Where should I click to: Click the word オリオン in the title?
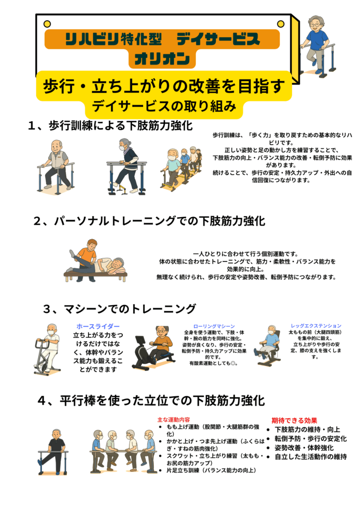[162, 59]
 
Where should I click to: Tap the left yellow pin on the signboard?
[47, 24]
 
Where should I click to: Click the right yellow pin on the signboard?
[280, 24]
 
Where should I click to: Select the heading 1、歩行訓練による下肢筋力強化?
[110, 126]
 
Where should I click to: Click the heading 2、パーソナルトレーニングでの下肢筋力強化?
[149, 221]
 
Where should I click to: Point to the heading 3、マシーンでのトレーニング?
[119, 309]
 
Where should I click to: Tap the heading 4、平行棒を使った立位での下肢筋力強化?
[151, 401]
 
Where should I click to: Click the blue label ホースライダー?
[98, 326]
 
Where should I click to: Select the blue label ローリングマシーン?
[214, 326]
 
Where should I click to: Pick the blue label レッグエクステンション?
[316, 326]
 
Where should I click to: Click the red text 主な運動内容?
[174, 420]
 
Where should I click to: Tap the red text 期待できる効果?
[294, 421]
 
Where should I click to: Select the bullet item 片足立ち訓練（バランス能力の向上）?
[211, 470]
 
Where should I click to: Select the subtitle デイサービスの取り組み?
[164, 106]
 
